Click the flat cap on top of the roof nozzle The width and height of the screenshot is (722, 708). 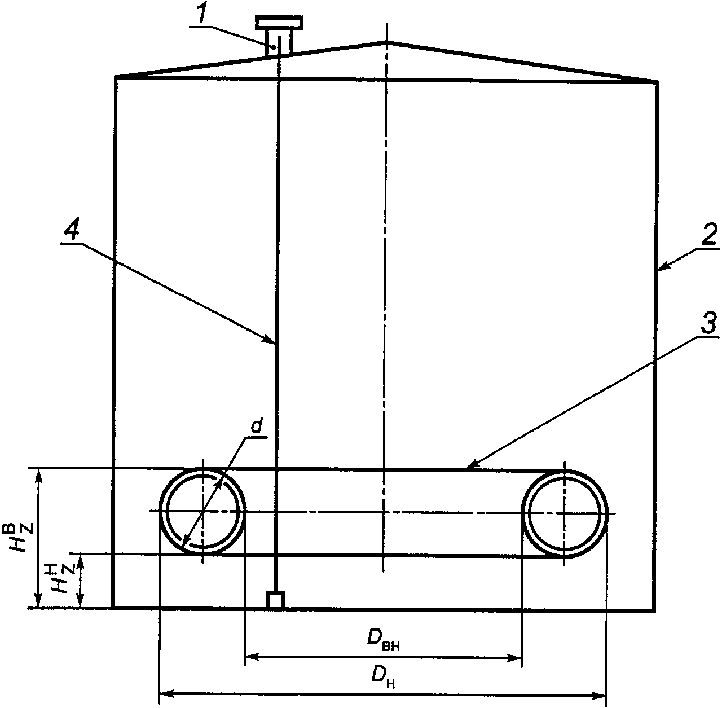pyautogui.click(x=279, y=23)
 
